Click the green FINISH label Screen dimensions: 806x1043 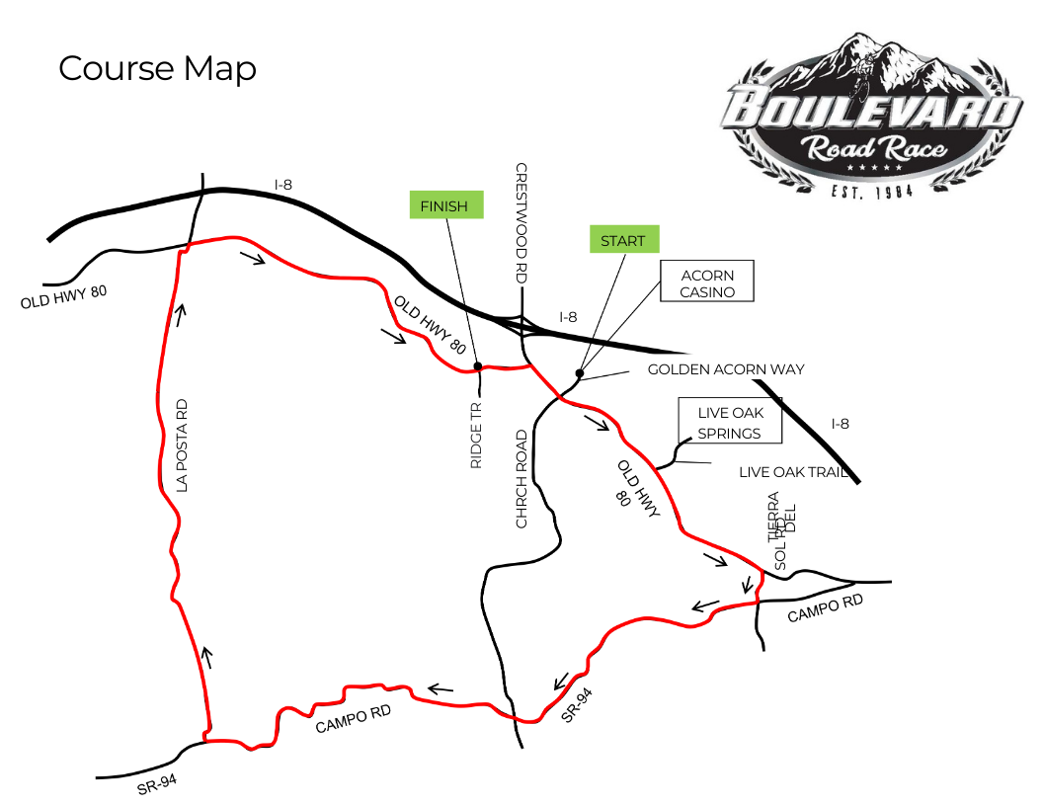coord(446,205)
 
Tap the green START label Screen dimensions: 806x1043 coord(622,240)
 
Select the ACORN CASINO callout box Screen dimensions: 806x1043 coord(707,281)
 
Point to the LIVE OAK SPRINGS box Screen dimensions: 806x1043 coord(729,422)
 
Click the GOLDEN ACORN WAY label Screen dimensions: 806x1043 coord(726,369)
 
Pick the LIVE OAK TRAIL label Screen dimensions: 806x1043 coord(793,473)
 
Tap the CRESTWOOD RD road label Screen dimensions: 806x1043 coord(521,225)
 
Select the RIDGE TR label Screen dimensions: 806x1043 coord(476,435)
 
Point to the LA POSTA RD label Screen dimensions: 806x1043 coord(181,445)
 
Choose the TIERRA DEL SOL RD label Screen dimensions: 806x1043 coord(780,531)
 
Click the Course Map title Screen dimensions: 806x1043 coord(158,68)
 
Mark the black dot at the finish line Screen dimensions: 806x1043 coord(478,366)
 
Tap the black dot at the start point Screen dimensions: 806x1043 coord(579,372)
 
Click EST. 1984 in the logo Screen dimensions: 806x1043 coord(872,190)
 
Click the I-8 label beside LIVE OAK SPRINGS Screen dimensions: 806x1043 coord(840,424)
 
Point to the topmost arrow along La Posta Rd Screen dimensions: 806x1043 coord(181,314)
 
